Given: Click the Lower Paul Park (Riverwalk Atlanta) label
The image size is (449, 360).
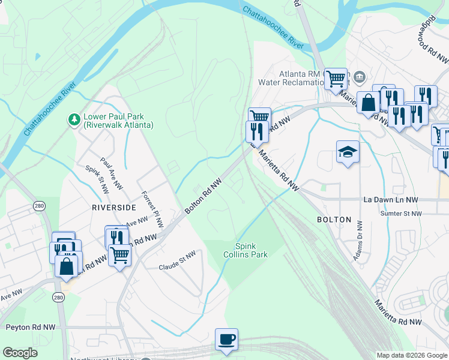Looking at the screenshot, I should coord(118,121).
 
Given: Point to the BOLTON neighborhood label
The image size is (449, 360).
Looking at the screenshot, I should coord(334,220).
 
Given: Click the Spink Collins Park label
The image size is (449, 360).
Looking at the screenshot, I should coord(250,250).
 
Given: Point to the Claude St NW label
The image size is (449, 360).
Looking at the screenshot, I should coord(177,261).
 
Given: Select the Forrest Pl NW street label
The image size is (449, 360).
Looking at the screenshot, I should coord(152,209).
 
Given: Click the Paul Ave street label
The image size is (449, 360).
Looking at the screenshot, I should coord(111,174).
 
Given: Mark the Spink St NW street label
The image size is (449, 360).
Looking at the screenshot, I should coord(97,180).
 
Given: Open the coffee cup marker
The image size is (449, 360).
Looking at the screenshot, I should coord(226,339).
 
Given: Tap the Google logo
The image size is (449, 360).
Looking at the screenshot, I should coord(20,353).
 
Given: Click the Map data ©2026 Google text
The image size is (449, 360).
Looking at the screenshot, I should coord(411,355).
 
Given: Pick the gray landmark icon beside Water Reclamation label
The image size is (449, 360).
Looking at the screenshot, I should coord(360,76).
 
